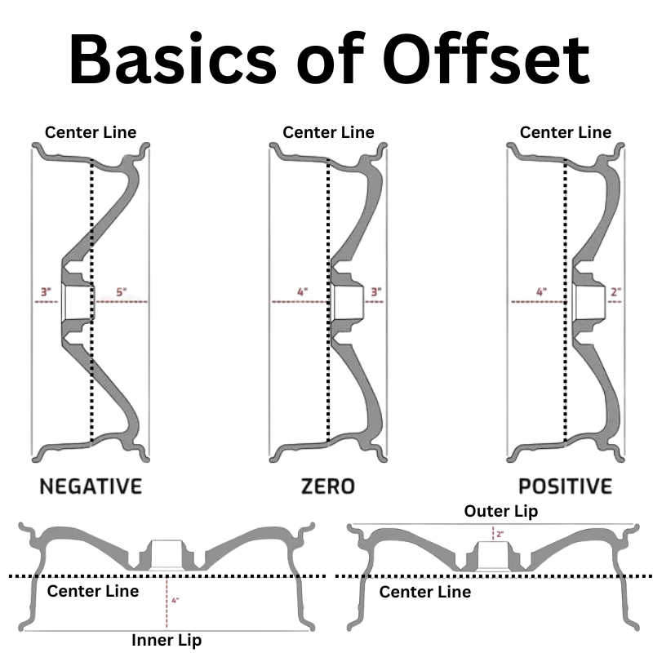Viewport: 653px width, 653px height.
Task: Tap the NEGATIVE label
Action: (91, 486)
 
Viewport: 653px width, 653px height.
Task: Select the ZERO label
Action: (328, 486)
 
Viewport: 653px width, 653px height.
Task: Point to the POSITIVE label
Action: (566, 486)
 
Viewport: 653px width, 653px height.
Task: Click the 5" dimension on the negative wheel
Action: (121, 291)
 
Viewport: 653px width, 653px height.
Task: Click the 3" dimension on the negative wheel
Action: (46, 291)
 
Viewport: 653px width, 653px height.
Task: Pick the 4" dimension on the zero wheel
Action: (303, 291)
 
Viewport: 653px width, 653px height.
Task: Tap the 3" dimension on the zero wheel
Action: (376, 291)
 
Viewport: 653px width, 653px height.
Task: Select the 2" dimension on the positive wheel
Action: (616, 291)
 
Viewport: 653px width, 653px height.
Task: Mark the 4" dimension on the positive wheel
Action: (541, 291)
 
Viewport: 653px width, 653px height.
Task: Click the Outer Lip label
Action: (501, 511)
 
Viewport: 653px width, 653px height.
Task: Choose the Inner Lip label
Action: (167, 640)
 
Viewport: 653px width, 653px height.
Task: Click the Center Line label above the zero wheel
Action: (329, 132)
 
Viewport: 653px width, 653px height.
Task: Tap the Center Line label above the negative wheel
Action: (91, 132)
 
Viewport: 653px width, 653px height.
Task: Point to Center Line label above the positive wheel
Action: (566, 132)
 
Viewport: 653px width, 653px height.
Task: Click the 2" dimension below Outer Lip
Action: (500, 534)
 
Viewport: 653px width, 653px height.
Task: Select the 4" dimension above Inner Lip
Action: (175, 600)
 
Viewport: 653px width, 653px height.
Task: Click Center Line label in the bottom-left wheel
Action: (93, 591)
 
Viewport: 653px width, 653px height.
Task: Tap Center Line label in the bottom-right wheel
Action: (425, 592)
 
